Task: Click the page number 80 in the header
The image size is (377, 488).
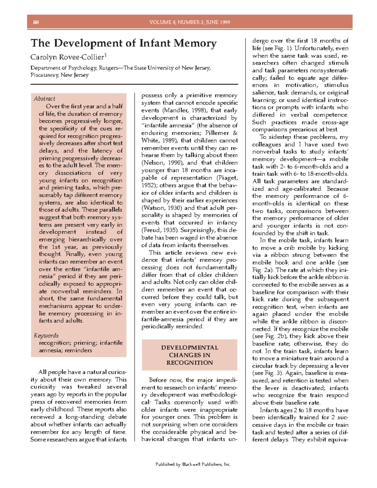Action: pyautogui.click(x=36, y=22)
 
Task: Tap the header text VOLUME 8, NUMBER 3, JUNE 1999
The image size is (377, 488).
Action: pyautogui.click(x=189, y=22)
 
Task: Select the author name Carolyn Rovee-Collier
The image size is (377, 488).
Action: pyautogui.click(x=67, y=57)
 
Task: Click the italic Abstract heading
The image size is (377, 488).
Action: pyautogui.click(x=44, y=99)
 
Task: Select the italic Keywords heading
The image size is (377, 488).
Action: pyautogui.click(x=46, y=336)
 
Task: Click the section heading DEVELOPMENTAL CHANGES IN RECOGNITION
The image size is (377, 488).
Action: pyautogui.click(x=189, y=355)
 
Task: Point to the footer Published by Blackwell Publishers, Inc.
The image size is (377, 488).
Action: pyautogui.click(x=193, y=464)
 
